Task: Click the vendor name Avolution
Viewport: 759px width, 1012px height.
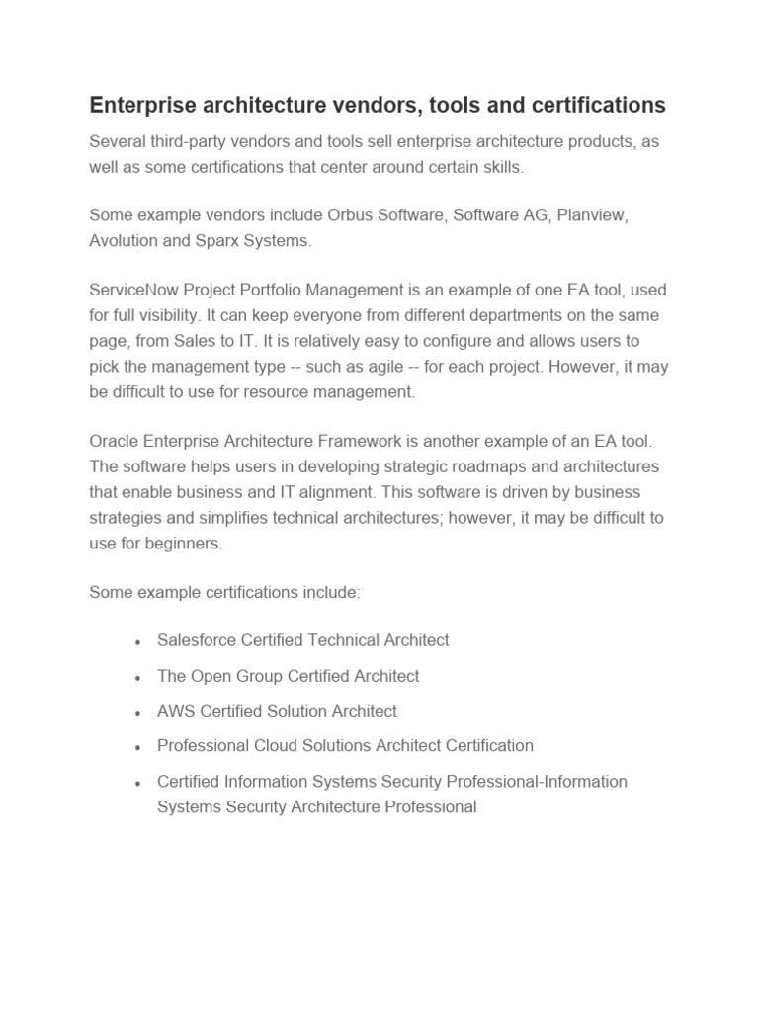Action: (126, 240)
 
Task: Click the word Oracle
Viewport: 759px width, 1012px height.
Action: (114, 441)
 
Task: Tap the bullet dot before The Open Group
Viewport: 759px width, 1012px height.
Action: (137, 678)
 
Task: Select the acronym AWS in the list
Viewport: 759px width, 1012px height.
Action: (176, 711)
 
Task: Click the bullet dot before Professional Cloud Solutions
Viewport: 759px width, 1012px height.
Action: (137, 748)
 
